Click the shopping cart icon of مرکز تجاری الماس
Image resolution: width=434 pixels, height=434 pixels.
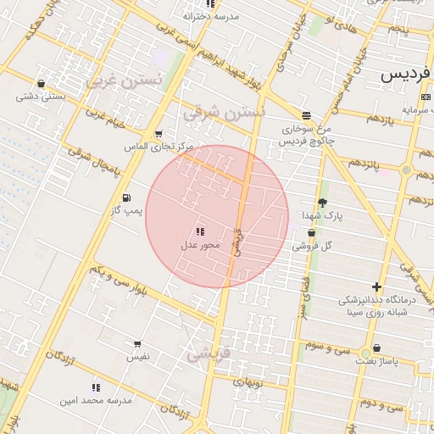coord(159,134)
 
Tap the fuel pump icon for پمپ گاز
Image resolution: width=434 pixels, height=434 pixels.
coord(127,198)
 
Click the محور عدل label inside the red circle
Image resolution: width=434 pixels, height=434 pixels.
coord(200,245)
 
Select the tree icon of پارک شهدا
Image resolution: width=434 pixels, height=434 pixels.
coord(322,202)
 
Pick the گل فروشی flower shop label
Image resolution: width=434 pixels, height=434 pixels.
coord(312,246)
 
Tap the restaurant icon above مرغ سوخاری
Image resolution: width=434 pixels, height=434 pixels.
coord(306,115)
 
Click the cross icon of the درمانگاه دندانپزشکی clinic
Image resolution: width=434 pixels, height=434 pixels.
coord(377,287)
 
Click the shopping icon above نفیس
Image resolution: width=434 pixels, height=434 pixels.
coord(137,344)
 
